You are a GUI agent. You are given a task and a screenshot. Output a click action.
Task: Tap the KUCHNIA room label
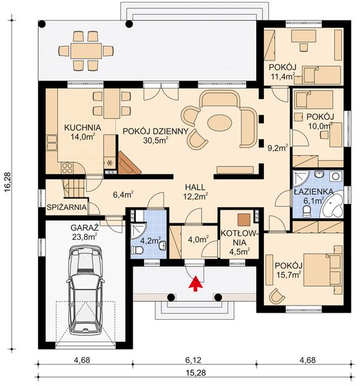82,127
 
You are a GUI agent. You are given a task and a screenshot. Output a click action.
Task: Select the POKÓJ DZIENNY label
155,131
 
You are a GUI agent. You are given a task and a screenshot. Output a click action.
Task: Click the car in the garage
85,289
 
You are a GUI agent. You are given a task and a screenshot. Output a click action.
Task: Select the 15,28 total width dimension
196,372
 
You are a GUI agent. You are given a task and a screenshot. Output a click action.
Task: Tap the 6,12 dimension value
193,360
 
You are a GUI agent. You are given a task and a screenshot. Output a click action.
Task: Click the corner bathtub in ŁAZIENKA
332,207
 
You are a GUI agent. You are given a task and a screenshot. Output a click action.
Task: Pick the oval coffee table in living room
220,122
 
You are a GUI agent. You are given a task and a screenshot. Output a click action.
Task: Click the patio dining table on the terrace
86,51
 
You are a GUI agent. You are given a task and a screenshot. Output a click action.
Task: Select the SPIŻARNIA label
67,207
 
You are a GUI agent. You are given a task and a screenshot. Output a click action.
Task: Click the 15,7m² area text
289,275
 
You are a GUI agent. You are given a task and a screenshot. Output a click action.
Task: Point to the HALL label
195,187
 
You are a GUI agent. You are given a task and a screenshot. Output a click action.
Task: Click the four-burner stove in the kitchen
67,168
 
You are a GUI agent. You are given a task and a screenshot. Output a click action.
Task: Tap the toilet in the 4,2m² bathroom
137,250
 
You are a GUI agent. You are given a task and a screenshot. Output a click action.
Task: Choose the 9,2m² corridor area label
278,148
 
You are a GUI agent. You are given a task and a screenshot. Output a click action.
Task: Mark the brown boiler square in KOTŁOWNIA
244,219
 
